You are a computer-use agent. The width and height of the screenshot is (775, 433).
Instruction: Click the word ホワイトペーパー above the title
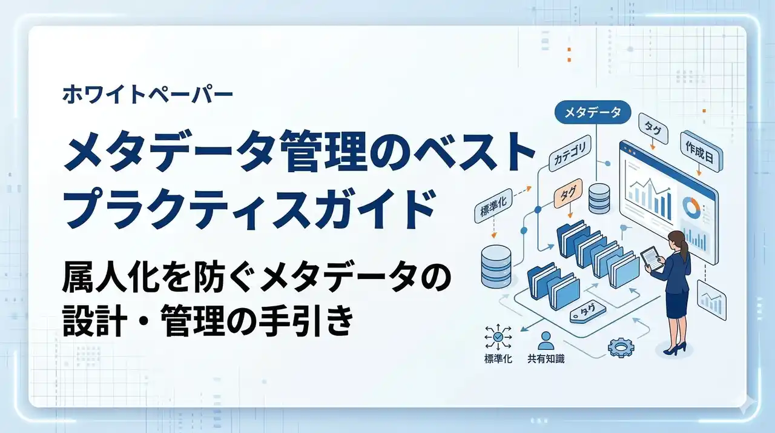(148, 95)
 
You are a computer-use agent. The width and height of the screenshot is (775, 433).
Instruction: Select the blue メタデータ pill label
(592, 112)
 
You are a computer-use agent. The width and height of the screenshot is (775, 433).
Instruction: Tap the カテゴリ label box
(570, 153)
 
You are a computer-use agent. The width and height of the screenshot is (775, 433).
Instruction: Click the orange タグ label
(568, 193)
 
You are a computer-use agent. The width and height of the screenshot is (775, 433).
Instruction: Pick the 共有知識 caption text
(546, 359)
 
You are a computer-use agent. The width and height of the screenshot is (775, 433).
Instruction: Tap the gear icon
(621, 347)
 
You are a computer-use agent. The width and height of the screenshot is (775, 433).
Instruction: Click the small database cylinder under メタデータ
(599, 198)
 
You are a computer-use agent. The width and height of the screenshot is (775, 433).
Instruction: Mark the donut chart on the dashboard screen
(691, 208)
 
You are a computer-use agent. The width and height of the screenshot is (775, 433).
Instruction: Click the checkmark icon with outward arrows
(498, 337)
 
